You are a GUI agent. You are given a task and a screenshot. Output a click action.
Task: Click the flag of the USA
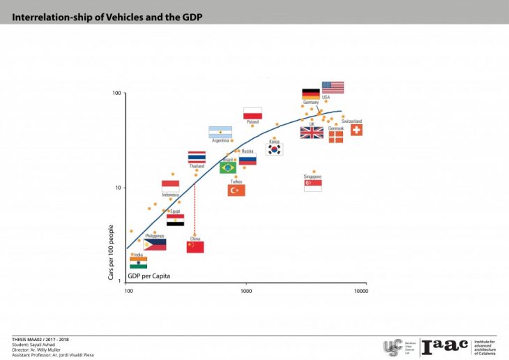(x=333, y=87)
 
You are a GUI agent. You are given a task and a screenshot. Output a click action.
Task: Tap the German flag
(x=310, y=94)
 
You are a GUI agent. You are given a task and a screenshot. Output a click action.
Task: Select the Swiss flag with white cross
(x=356, y=130)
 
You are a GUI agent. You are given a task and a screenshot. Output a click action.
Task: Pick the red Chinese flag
(x=195, y=246)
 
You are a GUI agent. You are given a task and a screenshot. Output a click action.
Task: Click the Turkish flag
(x=236, y=190)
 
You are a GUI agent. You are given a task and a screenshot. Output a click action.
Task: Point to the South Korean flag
(x=274, y=149)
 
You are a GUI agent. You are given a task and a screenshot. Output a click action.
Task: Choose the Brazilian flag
(x=228, y=167)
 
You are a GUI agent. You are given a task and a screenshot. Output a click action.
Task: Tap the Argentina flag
(x=220, y=132)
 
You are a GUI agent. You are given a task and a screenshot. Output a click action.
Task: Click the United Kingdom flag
(x=312, y=133)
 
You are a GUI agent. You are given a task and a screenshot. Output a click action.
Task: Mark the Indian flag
(x=139, y=263)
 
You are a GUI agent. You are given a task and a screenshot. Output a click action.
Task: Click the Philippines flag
(x=155, y=245)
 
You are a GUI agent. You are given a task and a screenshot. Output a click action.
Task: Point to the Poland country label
(x=252, y=122)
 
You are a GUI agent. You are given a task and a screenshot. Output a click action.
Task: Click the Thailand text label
(x=197, y=166)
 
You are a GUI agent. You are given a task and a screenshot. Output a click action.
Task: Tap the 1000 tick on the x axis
(x=246, y=290)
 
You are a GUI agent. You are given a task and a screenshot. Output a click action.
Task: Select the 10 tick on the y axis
(x=118, y=188)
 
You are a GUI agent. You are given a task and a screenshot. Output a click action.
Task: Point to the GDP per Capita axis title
(x=149, y=276)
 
